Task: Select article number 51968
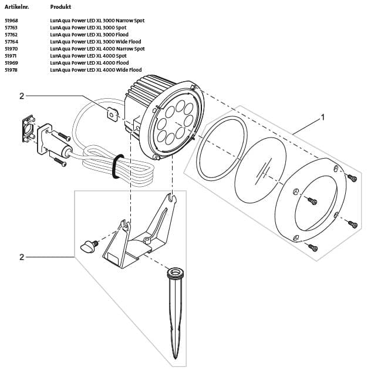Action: tap(11, 21)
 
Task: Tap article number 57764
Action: tap(11, 42)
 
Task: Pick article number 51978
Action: tap(11, 70)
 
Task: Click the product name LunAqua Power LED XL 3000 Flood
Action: tap(89, 35)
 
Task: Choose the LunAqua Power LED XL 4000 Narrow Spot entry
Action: tap(97, 49)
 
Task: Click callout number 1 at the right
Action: tap(321, 118)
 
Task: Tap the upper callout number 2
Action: tap(22, 96)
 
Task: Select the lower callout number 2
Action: tap(22, 257)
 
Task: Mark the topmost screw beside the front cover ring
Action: tap(352, 177)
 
